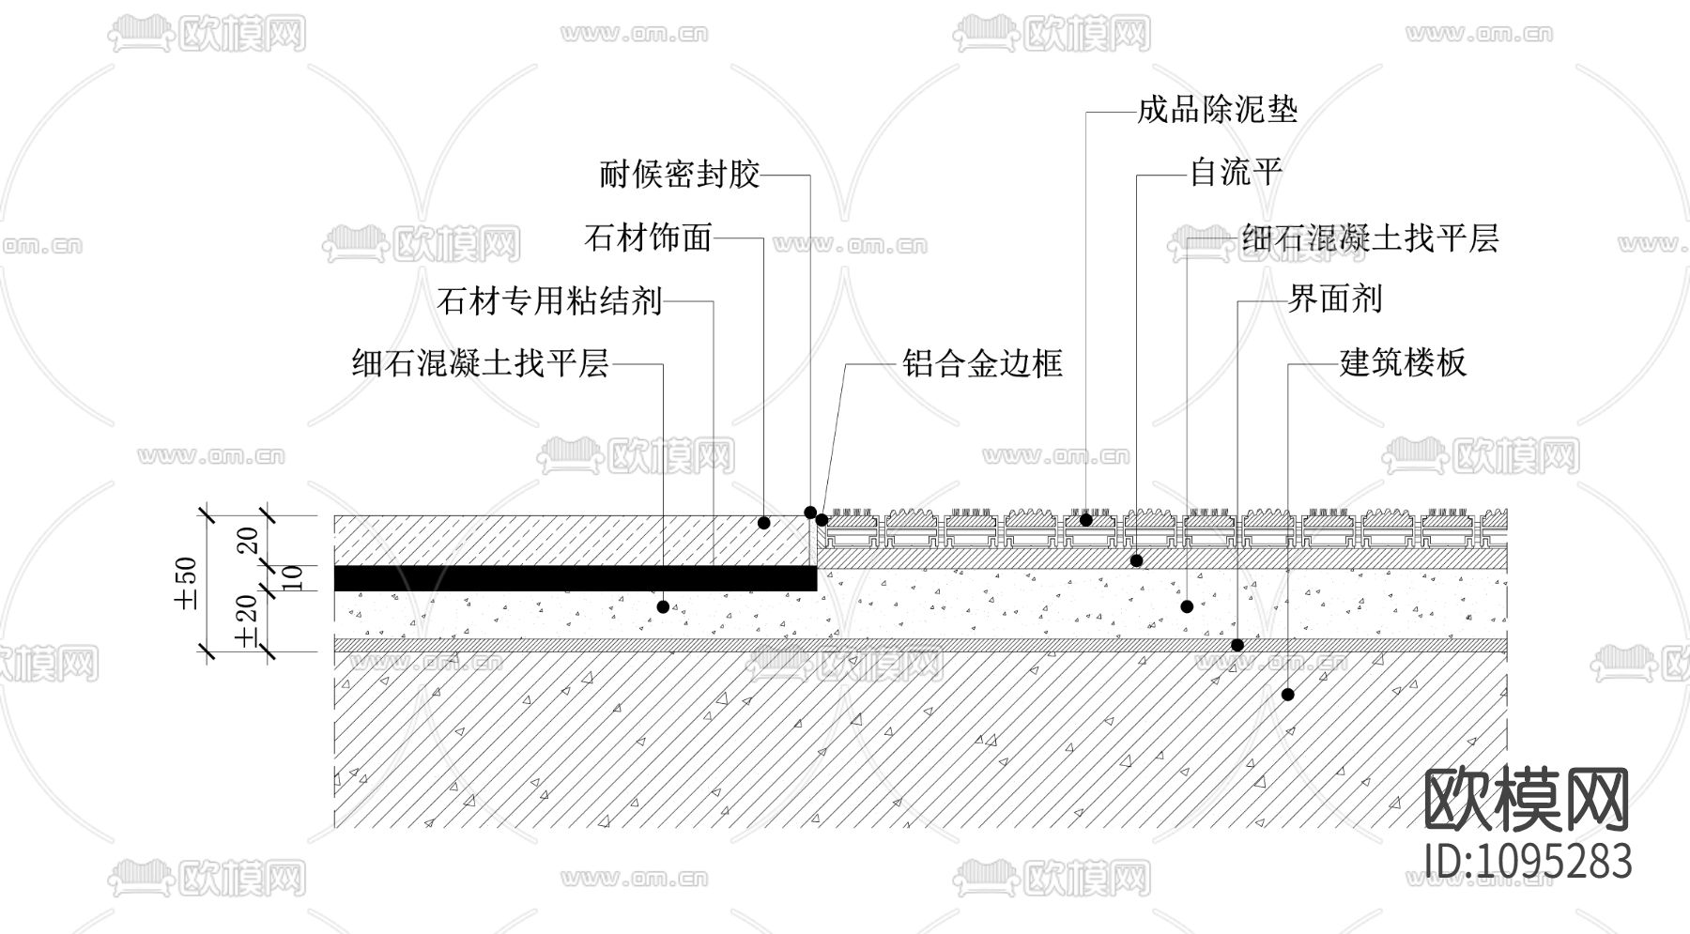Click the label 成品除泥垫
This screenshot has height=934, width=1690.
(1217, 111)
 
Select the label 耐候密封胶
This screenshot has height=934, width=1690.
(679, 175)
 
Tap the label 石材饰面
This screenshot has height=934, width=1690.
(648, 237)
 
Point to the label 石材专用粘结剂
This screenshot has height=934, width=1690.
(550, 301)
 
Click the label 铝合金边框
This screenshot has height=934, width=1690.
(982, 363)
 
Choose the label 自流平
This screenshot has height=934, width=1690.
(1236, 173)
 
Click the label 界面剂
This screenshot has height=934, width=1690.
(1334, 299)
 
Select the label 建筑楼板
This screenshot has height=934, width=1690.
(1402, 362)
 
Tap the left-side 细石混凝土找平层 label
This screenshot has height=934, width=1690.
(480, 363)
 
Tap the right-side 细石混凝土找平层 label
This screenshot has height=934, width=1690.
(1370, 238)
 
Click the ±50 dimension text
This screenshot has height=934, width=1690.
(187, 583)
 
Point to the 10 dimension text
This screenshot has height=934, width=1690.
(292, 577)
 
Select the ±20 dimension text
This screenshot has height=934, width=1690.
(247, 620)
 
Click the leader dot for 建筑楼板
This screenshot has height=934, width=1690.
(1288, 695)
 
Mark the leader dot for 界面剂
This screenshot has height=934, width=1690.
(1237, 645)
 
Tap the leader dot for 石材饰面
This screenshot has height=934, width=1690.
(763, 522)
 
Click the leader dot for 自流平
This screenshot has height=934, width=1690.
(1136, 560)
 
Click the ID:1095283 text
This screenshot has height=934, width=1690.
(1528, 861)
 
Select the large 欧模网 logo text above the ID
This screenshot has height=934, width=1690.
(1527, 799)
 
